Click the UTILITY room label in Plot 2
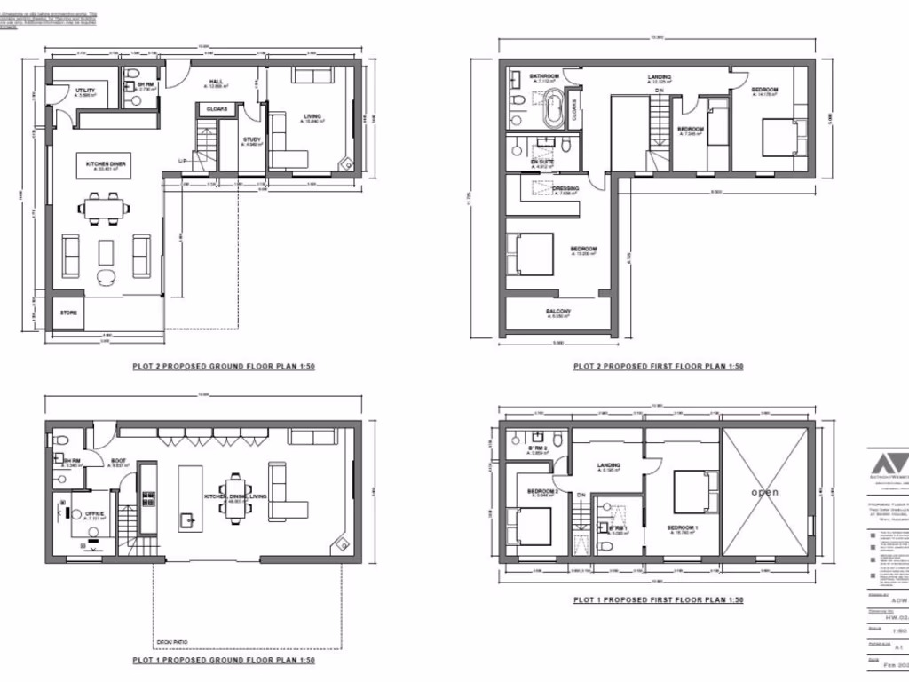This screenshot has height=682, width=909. pyautogui.click(x=86, y=91)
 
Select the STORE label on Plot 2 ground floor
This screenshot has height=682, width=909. pyautogui.click(x=69, y=313)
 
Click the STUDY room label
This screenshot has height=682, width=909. pyautogui.click(x=251, y=139)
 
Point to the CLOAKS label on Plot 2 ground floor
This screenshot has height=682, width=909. pyautogui.click(x=217, y=109)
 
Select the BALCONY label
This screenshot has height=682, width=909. pyautogui.click(x=559, y=312)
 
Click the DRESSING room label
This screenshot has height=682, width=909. pyautogui.click(x=565, y=188)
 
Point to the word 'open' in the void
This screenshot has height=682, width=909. pyautogui.click(x=764, y=492)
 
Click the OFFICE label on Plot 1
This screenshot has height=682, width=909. pyautogui.click(x=95, y=513)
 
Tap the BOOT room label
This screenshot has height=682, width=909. pyautogui.click(x=118, y=460)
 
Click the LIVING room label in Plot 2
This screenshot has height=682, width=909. pyautogui.click(x=312, y=115)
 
